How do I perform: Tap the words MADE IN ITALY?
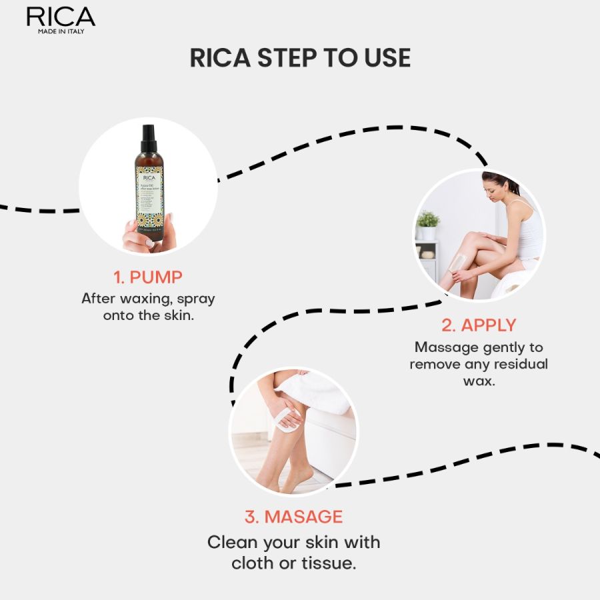point(60,31)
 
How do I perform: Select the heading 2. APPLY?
point(479,325)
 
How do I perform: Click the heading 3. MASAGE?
point(293,517)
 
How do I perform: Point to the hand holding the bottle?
point(149,233)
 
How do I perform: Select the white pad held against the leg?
point(287,419)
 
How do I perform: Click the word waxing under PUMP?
point(139,298)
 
